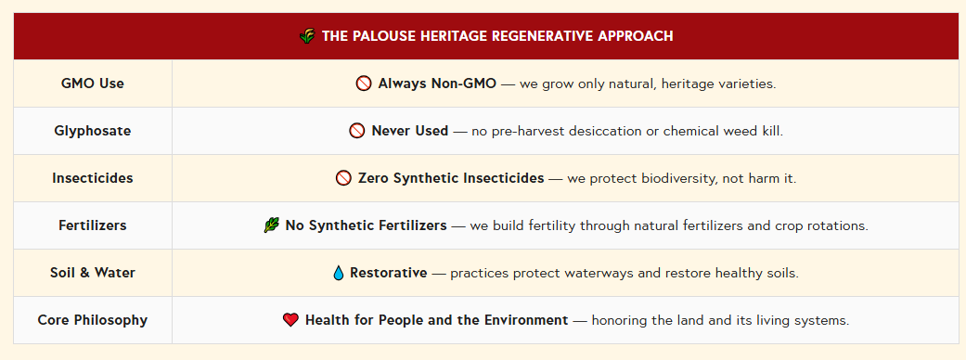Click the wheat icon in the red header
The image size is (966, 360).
point(307,36)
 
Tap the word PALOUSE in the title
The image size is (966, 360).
point(382,36)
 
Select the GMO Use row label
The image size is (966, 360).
point(93,84)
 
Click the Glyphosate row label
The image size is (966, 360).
point(93,131)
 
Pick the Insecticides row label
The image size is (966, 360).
point(93,178)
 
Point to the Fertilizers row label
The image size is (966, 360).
point(93,225)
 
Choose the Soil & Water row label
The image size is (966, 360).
point(93,273)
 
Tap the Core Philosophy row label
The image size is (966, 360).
point(93,320)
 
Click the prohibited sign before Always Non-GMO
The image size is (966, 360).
point(364,84)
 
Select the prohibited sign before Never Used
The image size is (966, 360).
point(356,131)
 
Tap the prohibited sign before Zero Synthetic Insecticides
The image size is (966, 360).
point(343,178)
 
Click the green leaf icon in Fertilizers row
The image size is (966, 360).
point(271,225)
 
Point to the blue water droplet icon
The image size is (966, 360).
point(338,273)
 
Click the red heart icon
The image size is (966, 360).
point(290,320)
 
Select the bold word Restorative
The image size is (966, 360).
point(389,273)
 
